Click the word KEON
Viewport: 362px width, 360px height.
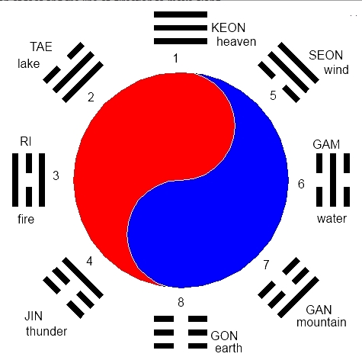coord(228,27)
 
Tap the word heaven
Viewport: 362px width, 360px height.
coord(236,42)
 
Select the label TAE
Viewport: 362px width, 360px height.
coord(41,47)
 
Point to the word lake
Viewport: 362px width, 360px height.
coord(29,63)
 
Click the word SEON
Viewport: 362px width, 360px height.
coord(326,55)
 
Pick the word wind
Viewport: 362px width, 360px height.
coord(336,69)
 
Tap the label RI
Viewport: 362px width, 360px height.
coord(26,141)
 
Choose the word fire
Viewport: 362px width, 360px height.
coord(26,219)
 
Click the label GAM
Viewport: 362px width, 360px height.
coord(326,144)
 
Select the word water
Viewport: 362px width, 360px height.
coord(332,219)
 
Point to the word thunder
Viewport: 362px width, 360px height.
coord(46,331)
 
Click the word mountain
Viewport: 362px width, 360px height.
coord(322,322)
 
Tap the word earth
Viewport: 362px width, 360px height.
coord(229,348)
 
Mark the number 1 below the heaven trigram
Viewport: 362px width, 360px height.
coord(175,58)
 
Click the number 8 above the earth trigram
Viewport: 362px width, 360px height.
coord(181,302)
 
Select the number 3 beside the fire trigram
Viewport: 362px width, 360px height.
coord(56,175)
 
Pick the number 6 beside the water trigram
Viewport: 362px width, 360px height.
coord(301,184)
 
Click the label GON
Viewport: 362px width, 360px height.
coord(224,336)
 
